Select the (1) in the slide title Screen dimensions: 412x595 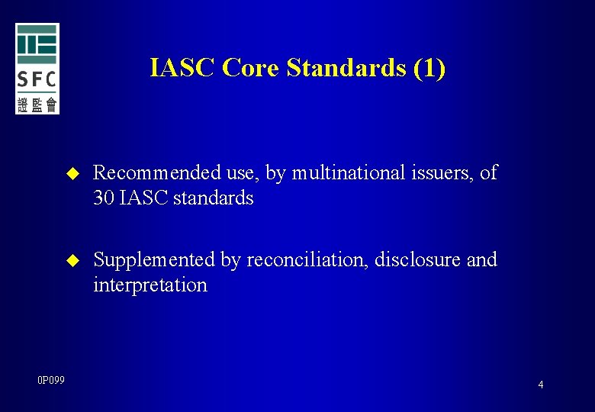[429, 68]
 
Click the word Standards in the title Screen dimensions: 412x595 [346, 68]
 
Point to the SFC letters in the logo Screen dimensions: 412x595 [37, 79]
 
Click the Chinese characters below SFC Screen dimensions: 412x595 [37, 104]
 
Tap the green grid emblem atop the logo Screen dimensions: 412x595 [37, 43]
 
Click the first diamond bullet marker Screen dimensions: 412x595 [73, 174]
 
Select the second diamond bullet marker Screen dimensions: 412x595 [73, 261]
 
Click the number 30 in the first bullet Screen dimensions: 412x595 [103, 198]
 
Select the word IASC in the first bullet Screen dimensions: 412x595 [142, 198]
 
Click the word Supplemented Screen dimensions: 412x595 [154, 260]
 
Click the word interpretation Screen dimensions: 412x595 [150, 285]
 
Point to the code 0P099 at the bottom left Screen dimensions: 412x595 [51, 380]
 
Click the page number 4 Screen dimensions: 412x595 [541, 385]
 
